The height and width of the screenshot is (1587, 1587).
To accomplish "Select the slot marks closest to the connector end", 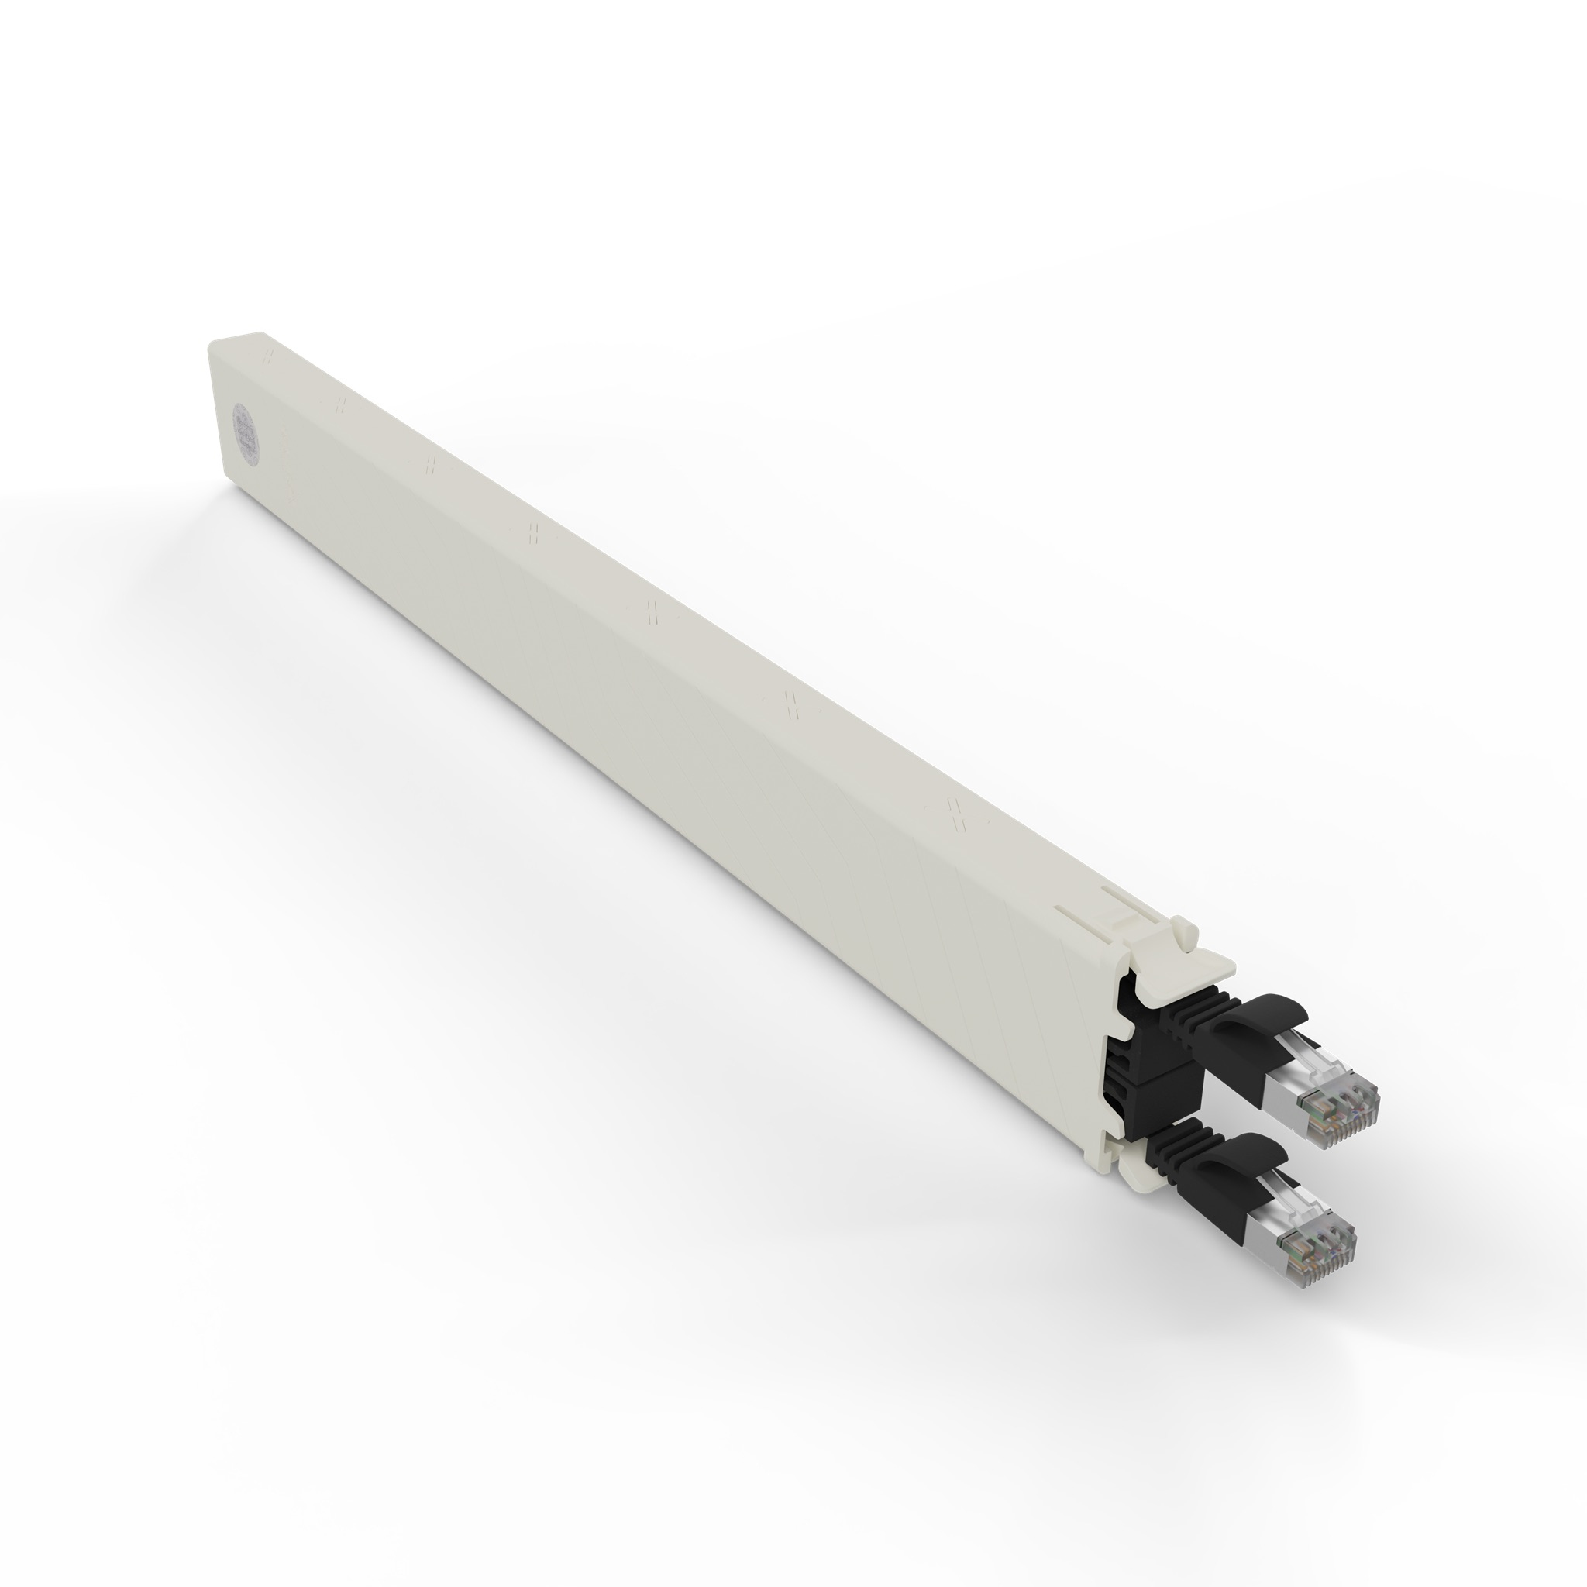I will (956, 813).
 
